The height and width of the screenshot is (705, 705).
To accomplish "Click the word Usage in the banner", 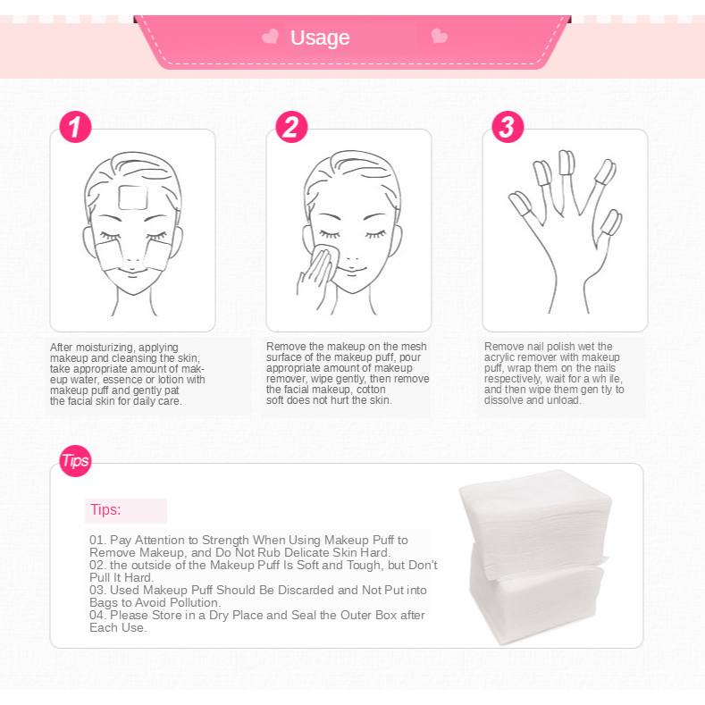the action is [320, 38].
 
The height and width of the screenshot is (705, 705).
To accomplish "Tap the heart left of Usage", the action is [270, 37].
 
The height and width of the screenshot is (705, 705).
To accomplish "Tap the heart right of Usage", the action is [440, 36].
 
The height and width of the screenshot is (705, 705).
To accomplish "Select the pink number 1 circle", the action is [75, 127].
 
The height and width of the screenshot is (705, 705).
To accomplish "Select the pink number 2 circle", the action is [291, 127].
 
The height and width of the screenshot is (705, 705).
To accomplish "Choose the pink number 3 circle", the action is [508, 127].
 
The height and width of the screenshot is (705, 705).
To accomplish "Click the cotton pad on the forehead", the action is [133, 197].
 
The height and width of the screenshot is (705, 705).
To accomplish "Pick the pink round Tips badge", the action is [75, 461].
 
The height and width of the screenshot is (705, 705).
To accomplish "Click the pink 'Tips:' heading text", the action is [105, 510].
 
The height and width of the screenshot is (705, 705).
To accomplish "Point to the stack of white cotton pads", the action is [535, 558].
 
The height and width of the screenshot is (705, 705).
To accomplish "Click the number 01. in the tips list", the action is [97, 540].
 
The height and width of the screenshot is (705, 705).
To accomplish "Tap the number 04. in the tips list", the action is [98, 615].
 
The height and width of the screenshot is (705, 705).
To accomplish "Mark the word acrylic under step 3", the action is [499, 357].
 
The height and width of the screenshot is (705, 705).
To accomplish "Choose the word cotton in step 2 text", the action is [371, 390].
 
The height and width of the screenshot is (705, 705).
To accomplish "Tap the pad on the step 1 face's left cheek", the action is [108, 255].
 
